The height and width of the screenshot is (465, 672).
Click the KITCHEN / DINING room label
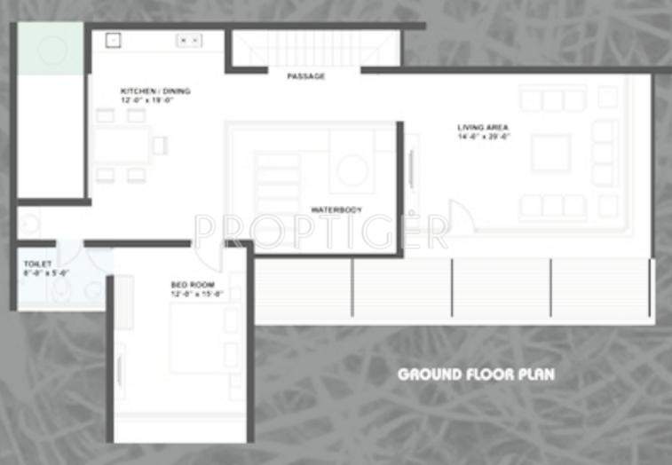point(155,91)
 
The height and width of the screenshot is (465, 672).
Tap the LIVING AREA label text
point(483,128)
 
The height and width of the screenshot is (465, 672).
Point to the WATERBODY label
point(336,209)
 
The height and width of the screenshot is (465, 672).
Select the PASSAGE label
point(305,76)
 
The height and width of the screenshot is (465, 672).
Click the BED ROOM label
point(189,284)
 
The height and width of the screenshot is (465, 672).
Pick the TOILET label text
point(37,264)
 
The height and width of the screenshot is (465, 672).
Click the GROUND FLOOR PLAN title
point(476,374)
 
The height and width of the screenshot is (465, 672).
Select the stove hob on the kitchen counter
point(188,40)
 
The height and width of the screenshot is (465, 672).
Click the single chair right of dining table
point(160,145)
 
